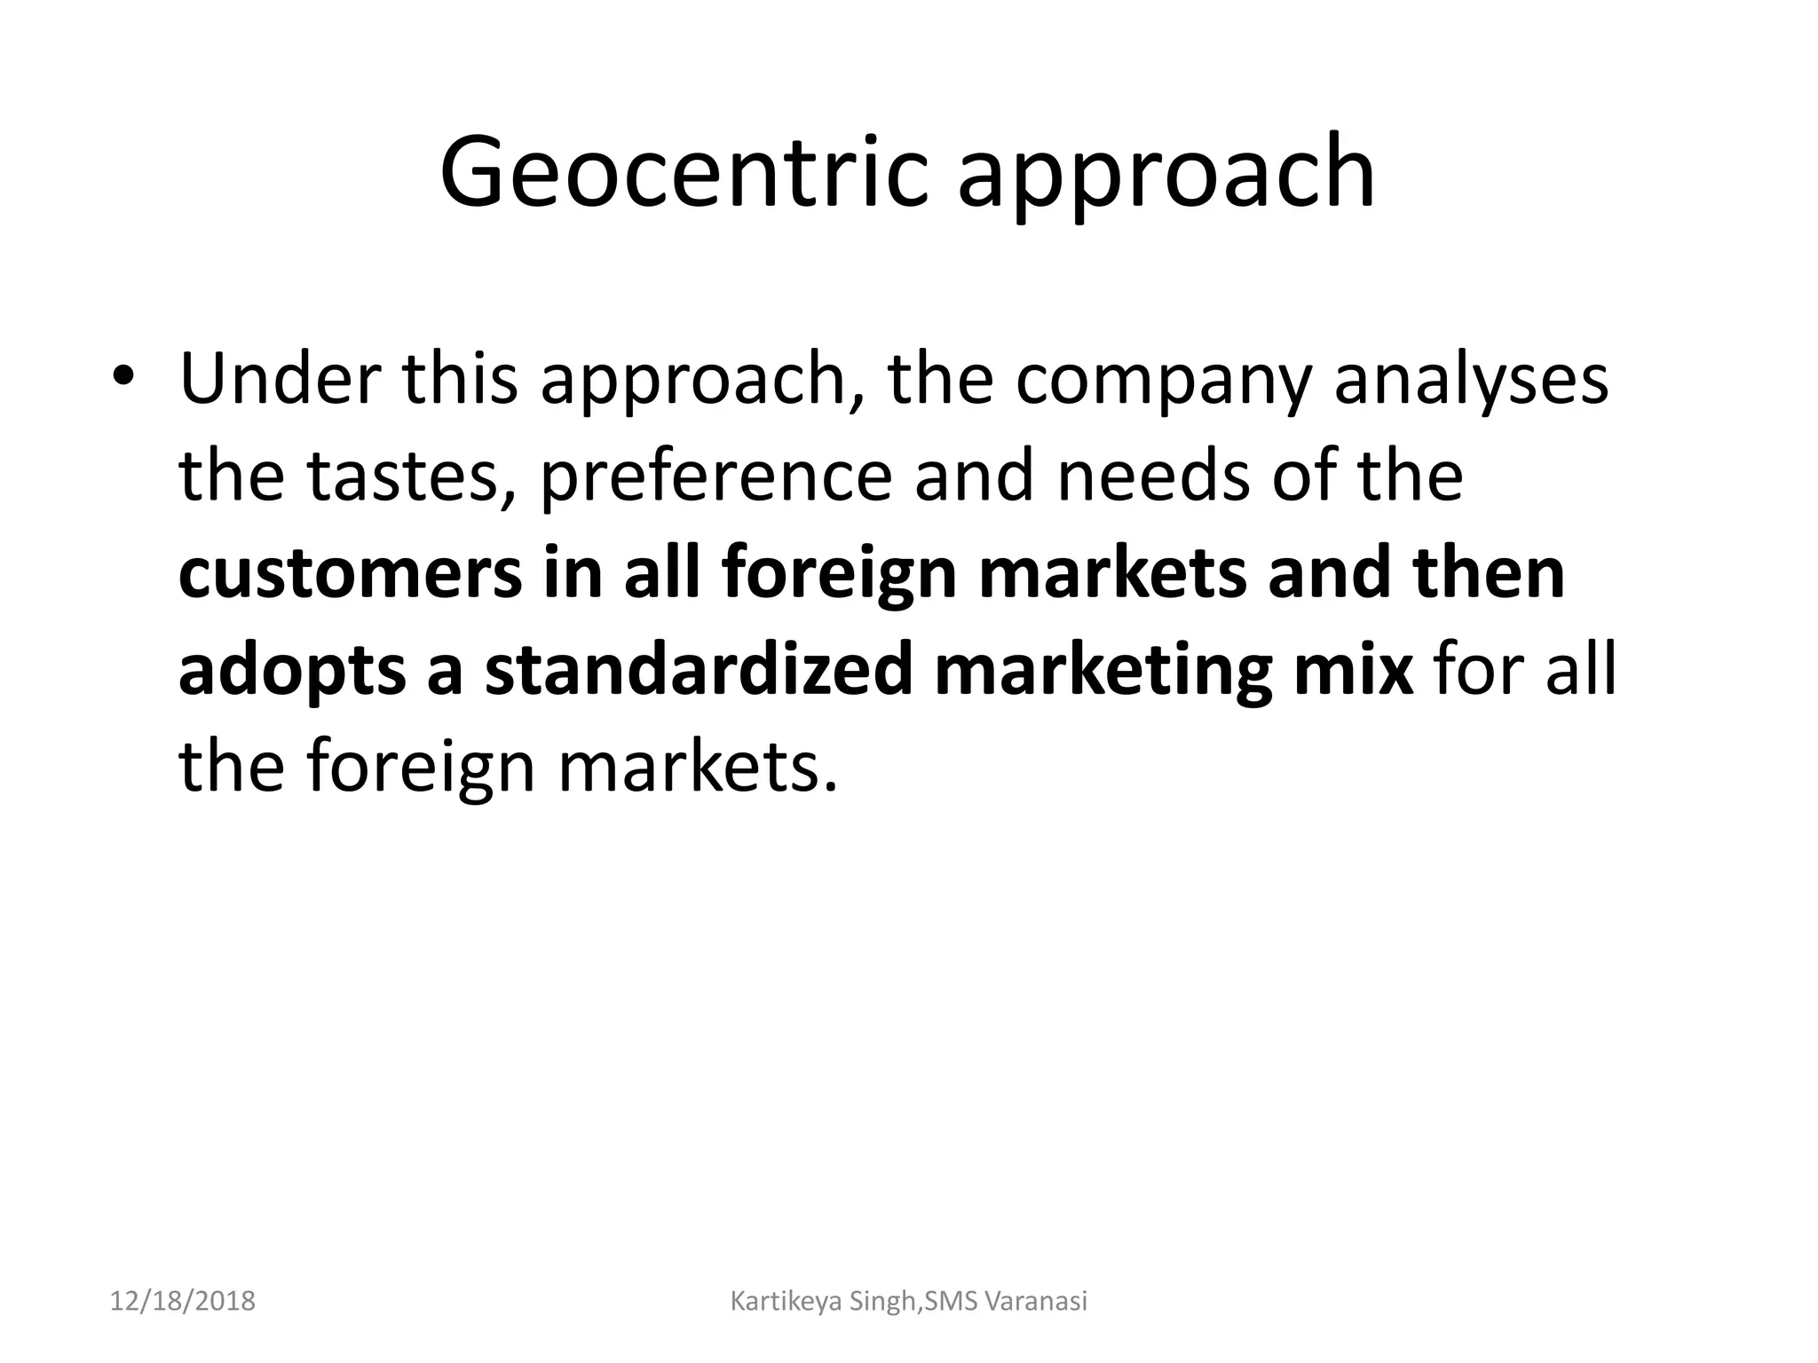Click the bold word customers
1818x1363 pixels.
point(350,575)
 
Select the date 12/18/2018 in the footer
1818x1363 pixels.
point(183,1302)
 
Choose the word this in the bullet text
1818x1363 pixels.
point(459,380)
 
